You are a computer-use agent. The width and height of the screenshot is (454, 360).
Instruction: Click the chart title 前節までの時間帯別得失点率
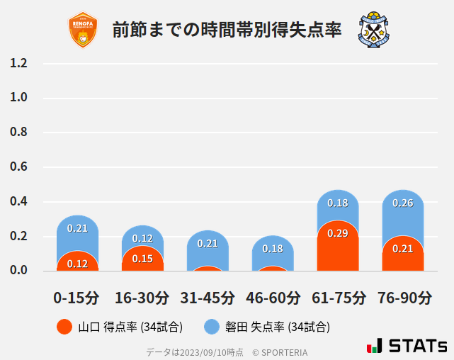click(227, 30)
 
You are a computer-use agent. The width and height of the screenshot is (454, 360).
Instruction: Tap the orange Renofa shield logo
click(83, 30)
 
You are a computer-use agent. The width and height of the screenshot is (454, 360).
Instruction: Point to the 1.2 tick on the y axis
click(19, 64)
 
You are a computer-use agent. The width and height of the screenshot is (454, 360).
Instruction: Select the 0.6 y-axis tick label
click(19, 167)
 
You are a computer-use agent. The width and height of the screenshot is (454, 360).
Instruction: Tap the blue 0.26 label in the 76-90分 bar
click(403, 203)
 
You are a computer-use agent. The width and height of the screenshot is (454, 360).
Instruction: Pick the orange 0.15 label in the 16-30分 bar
click(142, 259)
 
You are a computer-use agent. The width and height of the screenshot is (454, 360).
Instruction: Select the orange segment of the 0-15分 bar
click(77, 261)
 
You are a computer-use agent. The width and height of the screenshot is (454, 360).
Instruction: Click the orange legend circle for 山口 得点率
click(64, 327)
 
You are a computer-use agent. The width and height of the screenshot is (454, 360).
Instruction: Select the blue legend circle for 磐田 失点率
click(212, 327)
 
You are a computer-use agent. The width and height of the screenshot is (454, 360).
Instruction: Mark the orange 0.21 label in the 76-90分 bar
click(403, 249)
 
